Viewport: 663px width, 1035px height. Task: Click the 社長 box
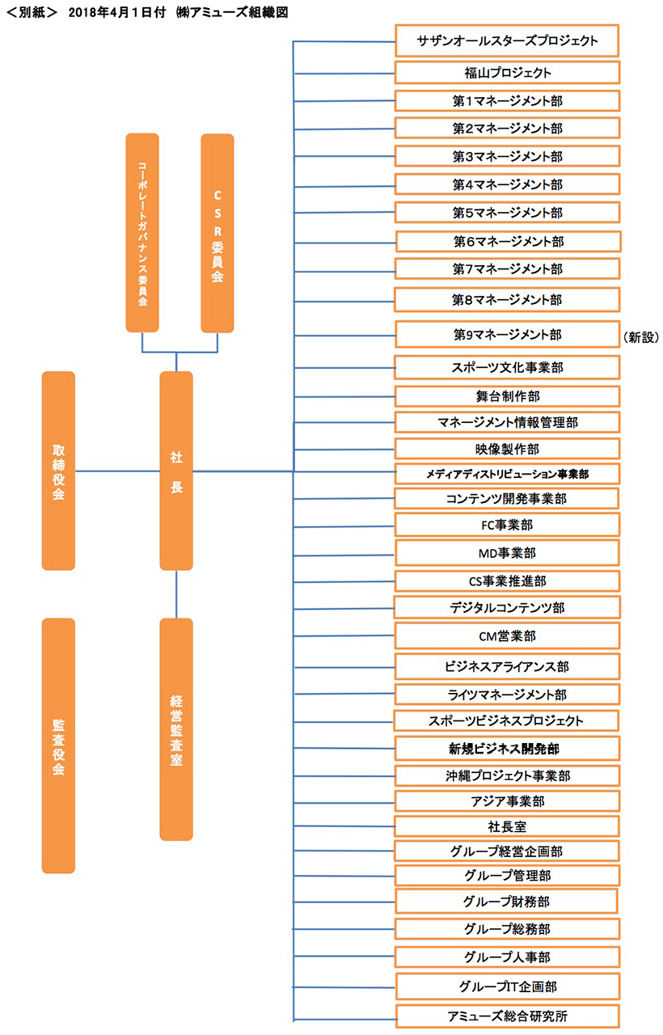point(176,471)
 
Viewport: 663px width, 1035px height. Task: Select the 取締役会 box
point(58,471)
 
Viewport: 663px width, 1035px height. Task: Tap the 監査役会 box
point(58,746)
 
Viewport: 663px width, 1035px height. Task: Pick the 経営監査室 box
point(176,729)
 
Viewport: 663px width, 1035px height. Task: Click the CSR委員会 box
point(217,233)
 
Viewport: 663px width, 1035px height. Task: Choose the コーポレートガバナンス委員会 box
point(142,233)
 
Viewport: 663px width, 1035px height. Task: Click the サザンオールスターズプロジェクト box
point(507,40)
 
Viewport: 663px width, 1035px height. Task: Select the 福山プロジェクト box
point(507,73)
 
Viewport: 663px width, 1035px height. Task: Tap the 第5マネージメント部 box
point(507,213)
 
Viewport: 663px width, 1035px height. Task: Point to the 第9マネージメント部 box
point(507,335)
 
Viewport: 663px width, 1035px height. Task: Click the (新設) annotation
point(641,337)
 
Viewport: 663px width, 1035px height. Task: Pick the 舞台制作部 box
point(507,396)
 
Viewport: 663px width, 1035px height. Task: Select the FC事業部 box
point(507,525)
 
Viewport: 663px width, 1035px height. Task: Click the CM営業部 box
point(507,636)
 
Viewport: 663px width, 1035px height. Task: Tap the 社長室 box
point(507,826)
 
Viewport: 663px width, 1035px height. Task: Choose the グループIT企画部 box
point(507,986)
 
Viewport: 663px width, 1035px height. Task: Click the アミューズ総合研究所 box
point(507,1016)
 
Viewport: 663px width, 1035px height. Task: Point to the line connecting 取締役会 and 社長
point(117,471)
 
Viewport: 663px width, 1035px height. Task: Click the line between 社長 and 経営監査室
point(176,594)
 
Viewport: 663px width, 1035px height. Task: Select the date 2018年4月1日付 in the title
point(117,12)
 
